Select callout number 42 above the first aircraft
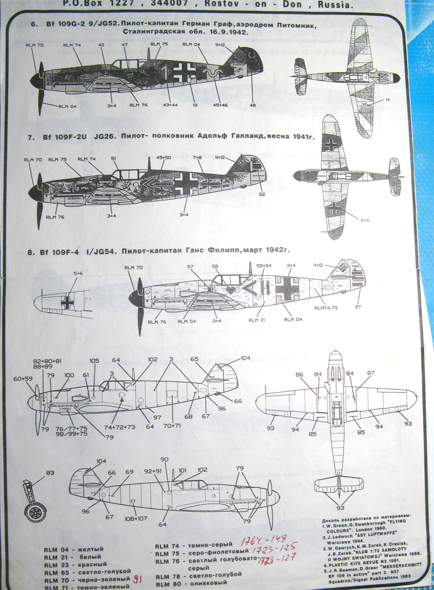pyautogui.click(x=101, y=44)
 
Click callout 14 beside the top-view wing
pyautogui.click(x=387, y=100)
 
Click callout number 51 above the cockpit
pyautogui.click(x=114, y=158)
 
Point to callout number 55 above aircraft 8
pyautogui.click(x=215, y=267)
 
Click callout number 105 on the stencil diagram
pyautogui.click(x=94, y=360)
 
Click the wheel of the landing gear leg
pyautogui.click(x=35, y=510)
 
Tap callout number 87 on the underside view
pyautogui.click(x=371, y=373)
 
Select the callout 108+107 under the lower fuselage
pyautogui.click(x=135, y=519)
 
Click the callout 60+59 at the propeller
pyautogui.click(x=23, y=379)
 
